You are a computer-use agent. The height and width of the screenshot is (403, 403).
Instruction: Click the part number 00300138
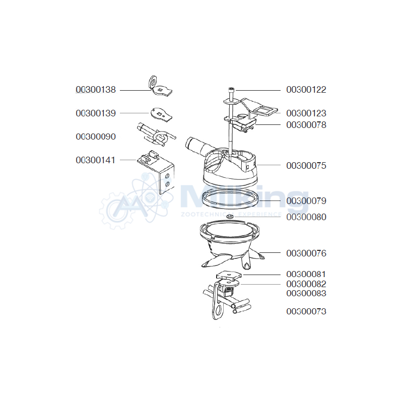(x=96, y=90)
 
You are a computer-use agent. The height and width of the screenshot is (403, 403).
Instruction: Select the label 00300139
(x=96, y=113)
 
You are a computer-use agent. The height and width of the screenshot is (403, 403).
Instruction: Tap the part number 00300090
(x=96, y=137)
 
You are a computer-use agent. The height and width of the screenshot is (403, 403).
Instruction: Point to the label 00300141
(x=96, y=160)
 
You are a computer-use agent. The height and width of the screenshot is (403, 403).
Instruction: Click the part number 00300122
(x=306, y=90)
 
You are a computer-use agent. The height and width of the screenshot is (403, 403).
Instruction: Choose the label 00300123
(x=306, y=113)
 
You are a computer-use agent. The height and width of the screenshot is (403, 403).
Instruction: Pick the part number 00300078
(x=306, y=125)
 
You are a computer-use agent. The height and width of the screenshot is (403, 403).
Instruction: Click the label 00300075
(x=306, y=166)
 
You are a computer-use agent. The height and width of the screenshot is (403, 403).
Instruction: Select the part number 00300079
(x=306, y=200)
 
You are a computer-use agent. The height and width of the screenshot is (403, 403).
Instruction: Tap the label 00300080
(x=306, y=217)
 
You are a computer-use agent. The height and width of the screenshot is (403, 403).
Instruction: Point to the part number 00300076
(x=306, y=253)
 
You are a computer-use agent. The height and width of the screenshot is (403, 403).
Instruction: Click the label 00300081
(x=306, y=274)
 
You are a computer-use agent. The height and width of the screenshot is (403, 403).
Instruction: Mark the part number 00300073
(x=306, y=311)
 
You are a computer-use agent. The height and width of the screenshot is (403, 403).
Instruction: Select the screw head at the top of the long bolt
(x=231, y=90)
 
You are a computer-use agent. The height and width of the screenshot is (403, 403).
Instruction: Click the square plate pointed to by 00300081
(x=229, y=276)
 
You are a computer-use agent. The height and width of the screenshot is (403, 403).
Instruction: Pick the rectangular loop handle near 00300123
(x=265, y=111)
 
